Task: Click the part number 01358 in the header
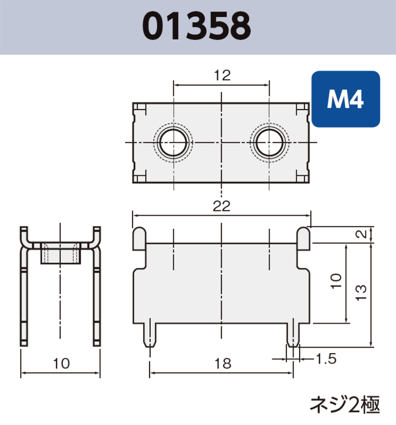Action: click(x=197, y=26)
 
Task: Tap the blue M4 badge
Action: click(x=345, y=99)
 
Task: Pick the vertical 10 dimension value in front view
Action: click(x=337, y=281)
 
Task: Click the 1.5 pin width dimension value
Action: click(x=326, y=359)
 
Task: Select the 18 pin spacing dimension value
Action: click(x=222, y=365)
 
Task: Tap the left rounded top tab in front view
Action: click(x=139, y=239)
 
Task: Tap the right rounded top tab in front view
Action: click(x=304, y=239)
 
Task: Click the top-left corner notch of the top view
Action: click(x=139, y=108)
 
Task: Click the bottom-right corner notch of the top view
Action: click(x=303, y=177)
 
